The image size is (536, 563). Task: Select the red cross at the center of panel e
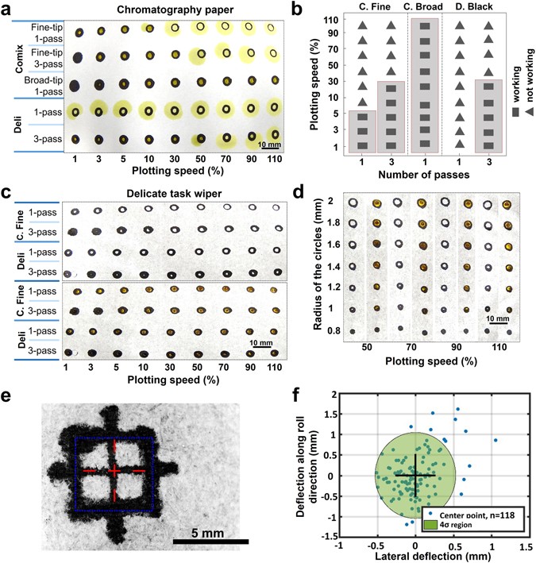(116, 471)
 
